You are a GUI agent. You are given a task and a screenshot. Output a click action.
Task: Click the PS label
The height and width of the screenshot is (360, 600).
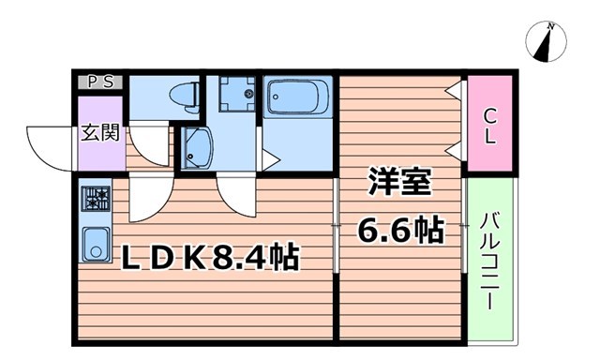101,82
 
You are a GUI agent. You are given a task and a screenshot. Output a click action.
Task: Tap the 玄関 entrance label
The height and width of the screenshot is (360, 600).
98,132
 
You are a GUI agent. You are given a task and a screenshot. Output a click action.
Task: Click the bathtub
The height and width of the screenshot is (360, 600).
296,97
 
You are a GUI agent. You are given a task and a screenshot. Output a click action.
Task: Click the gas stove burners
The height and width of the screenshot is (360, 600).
95,199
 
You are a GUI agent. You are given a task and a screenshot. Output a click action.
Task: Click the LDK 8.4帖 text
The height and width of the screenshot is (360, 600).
210,256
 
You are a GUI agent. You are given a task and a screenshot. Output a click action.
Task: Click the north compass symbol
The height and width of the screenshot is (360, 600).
548,42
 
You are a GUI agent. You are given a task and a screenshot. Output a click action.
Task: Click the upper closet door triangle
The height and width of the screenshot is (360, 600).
454,91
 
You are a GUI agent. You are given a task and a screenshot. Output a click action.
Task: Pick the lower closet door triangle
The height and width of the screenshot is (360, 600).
454,148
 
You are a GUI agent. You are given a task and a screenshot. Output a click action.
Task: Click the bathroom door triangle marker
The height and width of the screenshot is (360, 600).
269,160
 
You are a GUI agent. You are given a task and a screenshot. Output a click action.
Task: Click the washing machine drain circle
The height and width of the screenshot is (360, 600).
248,94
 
